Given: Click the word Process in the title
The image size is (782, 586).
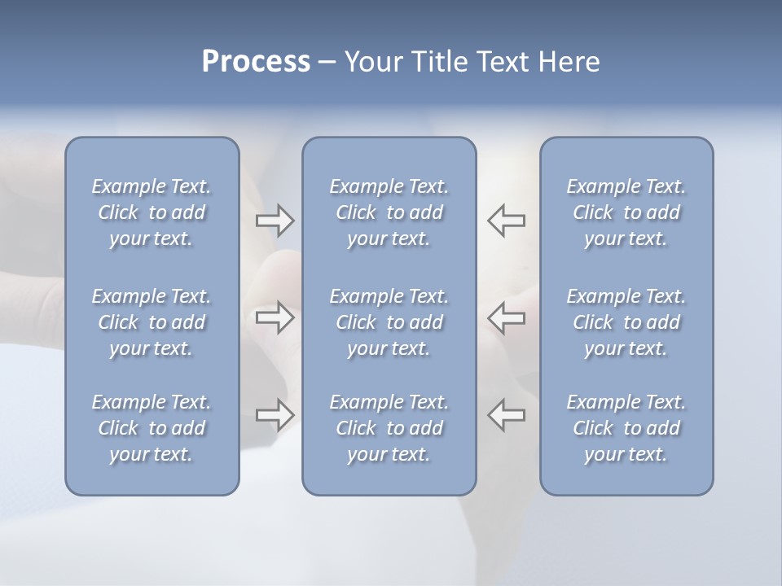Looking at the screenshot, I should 256,62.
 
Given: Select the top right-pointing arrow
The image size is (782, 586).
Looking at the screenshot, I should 275,220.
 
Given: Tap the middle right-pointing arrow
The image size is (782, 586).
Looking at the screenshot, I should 275,317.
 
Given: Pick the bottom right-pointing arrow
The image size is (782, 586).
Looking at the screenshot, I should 275,415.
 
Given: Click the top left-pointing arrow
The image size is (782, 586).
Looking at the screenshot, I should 507,220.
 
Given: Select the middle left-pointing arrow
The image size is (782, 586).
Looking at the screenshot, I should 507,317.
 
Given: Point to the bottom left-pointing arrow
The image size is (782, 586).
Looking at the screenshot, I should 507,415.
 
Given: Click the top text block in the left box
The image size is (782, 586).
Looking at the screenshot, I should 152,212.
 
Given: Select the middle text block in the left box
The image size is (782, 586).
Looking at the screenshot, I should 152,322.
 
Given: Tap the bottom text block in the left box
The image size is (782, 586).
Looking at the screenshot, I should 152,428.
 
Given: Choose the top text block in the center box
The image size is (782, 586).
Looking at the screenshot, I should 389,212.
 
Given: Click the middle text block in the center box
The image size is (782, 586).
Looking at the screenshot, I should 389,322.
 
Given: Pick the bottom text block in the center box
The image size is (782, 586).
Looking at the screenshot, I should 389,428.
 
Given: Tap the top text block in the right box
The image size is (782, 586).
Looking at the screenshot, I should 626,212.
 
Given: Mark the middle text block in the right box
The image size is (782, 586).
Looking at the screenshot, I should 626,322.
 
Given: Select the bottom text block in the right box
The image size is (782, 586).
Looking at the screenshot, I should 626,428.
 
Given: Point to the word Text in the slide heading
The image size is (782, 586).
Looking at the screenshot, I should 499,62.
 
